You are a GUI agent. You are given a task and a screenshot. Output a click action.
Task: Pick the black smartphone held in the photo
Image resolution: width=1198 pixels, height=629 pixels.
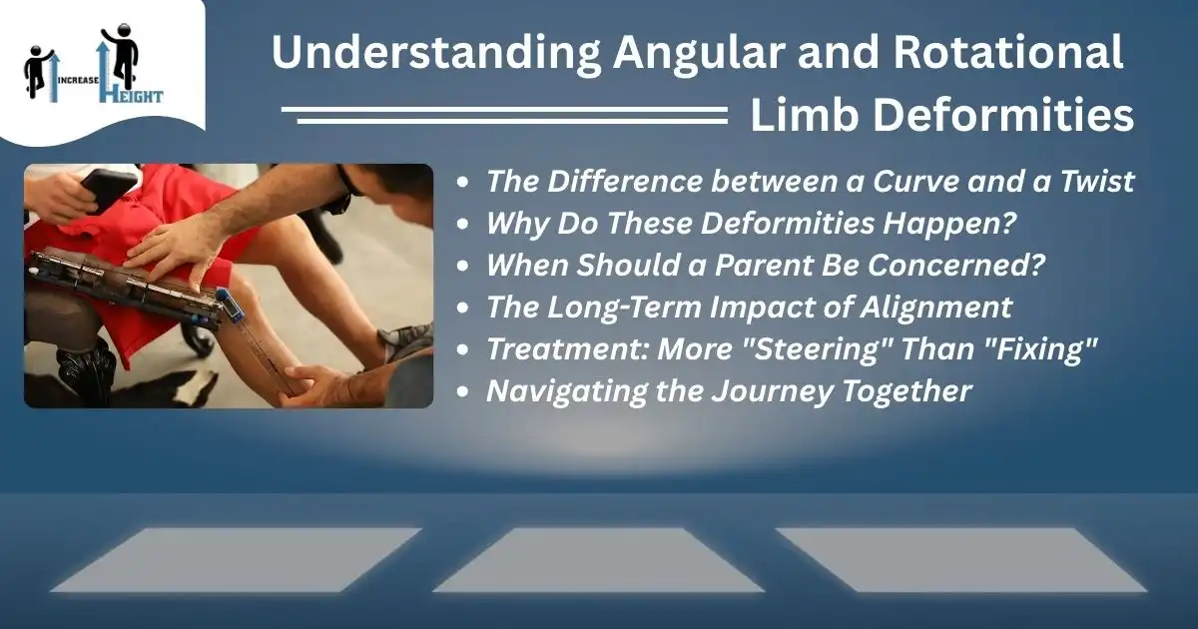point(107,188)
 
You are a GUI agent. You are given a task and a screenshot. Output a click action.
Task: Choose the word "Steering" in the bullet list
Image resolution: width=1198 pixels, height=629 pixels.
point(816,348)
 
